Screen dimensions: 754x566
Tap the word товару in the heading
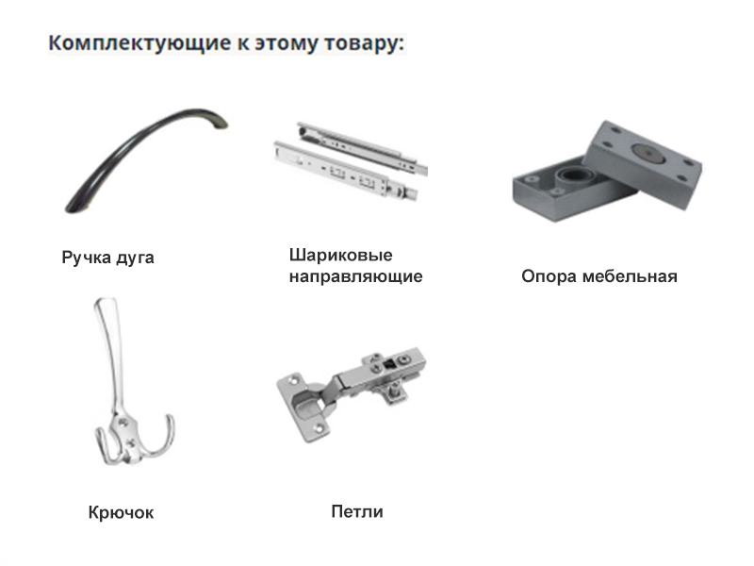365,43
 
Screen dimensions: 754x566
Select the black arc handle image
146,160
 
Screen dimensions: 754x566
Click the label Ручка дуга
107,258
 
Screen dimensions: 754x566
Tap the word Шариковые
340,255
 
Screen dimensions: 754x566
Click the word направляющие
356,276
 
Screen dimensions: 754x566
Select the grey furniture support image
607,171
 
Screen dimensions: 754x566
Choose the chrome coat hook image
132,382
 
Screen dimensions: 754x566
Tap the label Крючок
122,512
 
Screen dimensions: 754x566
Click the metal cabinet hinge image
352,393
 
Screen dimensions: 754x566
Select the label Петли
357,511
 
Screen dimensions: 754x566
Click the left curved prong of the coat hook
103,446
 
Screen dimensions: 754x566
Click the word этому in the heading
287,43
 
